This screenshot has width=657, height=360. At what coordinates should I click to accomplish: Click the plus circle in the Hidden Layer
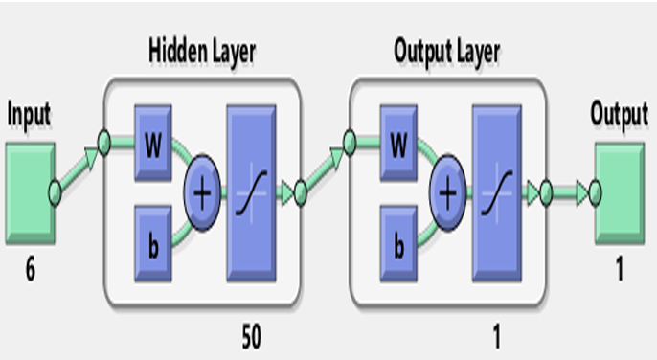point(201,191)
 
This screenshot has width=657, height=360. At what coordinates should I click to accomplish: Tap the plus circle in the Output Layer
point(446,191)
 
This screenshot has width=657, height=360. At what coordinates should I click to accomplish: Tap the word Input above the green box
point(30,114)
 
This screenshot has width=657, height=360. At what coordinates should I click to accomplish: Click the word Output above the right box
point(619,114)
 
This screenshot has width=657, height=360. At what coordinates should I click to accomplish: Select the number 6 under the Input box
point(32,272)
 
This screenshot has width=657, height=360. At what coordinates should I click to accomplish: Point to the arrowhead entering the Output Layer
point(338,150)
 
